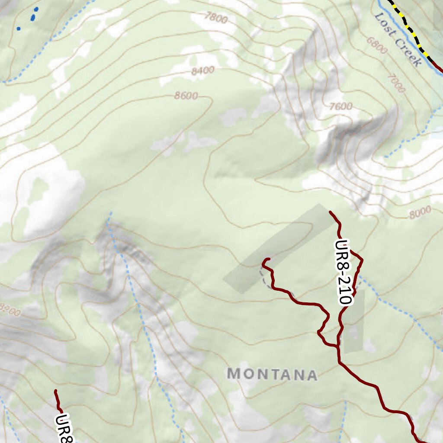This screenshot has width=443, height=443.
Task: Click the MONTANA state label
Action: coord(272,374)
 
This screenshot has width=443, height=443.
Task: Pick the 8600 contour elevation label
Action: coord(186,95)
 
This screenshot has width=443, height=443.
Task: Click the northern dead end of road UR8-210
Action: coord(331,212)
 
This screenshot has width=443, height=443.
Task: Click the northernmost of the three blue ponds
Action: coord(36,9)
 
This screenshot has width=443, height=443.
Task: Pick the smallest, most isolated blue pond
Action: coord(18,29)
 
